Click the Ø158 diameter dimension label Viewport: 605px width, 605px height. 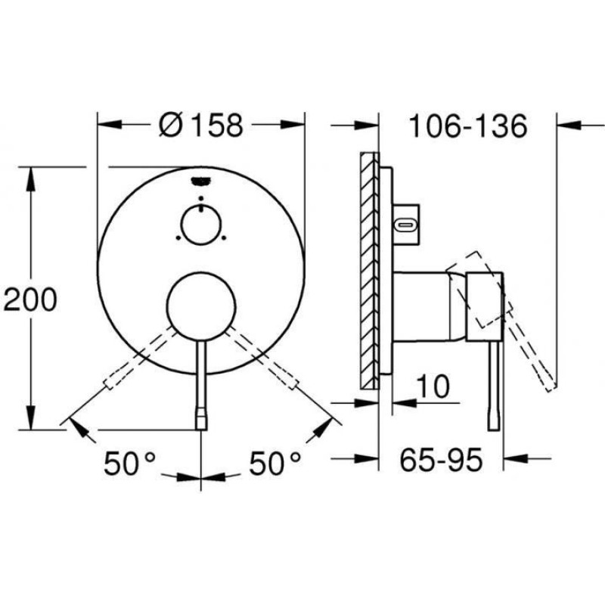(201, 125)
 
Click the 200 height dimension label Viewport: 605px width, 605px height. (30, 299)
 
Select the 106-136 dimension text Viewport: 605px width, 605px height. (467, 126)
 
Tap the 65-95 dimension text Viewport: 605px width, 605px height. (441, 460)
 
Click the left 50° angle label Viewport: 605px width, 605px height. (129, 463)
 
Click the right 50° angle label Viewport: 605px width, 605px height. (275, 463)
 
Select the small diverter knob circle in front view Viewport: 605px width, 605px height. (201, 225)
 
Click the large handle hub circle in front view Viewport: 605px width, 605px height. (201, 307)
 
